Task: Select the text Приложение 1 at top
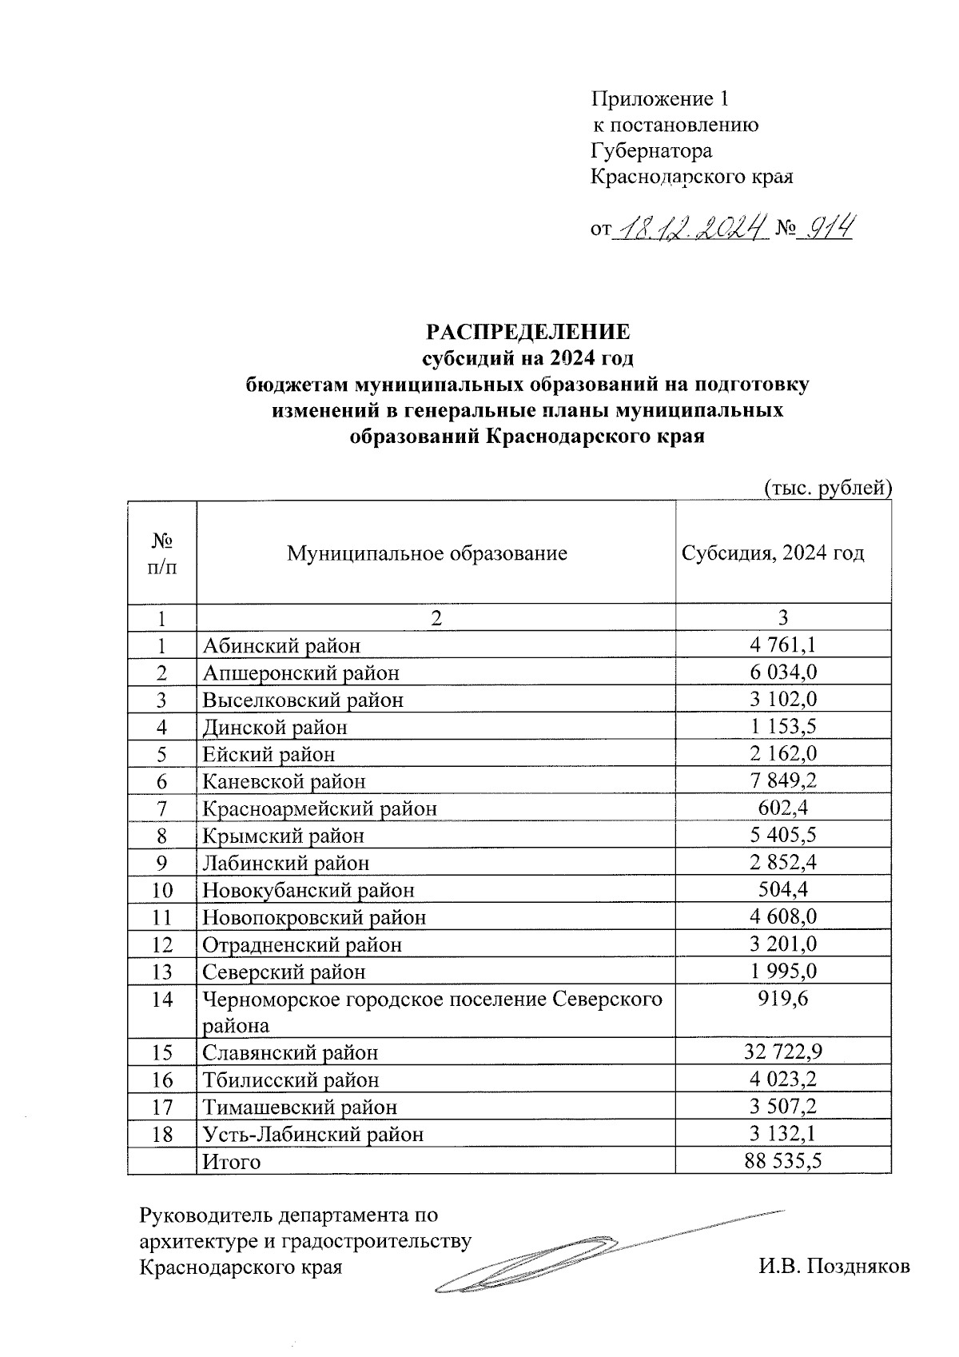coord(659,99)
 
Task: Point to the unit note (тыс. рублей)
coord(827,487)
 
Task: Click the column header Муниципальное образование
coord(427,553)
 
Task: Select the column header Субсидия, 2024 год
coord(772,553)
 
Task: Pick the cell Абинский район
coord(281,645)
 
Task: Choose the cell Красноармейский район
coord(319,808)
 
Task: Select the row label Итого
coord(231,1162)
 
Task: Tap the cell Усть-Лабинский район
coord(312,1134)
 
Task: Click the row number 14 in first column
coord(161,999)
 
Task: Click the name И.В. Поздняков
coord(834,1267)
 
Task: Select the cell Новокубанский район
coord(308,890)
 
